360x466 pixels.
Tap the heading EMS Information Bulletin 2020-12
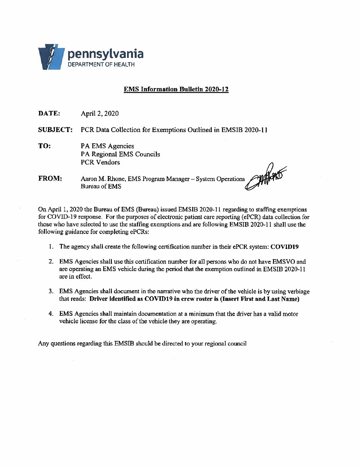[176, 89]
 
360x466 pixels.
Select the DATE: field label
[49, 113]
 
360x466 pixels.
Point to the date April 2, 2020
[100, 114]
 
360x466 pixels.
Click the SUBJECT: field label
[55, 129]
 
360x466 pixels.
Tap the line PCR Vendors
[100, 162]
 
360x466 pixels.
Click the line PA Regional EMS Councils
[120, 154]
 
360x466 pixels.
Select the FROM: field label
[50, 178]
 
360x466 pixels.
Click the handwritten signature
[265, 179]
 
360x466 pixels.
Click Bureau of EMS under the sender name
[101, 186]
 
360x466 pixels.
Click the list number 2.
[51, 262]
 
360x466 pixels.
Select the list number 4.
[51, 313]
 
